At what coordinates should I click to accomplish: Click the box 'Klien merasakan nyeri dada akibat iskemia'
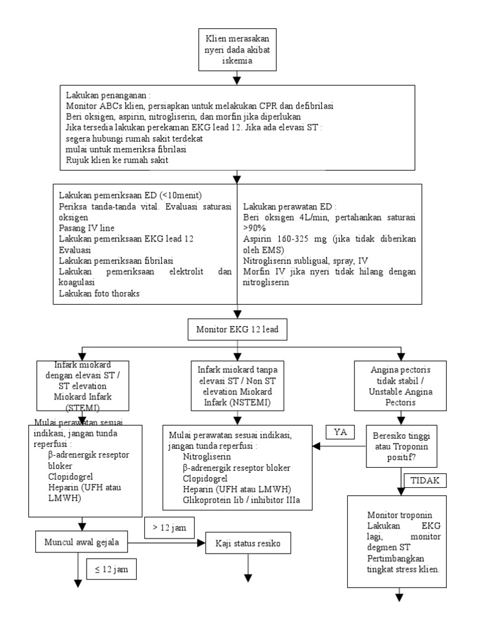pos(237,50)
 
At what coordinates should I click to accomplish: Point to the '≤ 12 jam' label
pos(112,570)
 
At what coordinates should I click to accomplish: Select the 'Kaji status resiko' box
pos(249,544)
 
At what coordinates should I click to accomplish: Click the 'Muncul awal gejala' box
pos(82,541)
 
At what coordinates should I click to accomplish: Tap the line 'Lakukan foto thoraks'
pos(99,293)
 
